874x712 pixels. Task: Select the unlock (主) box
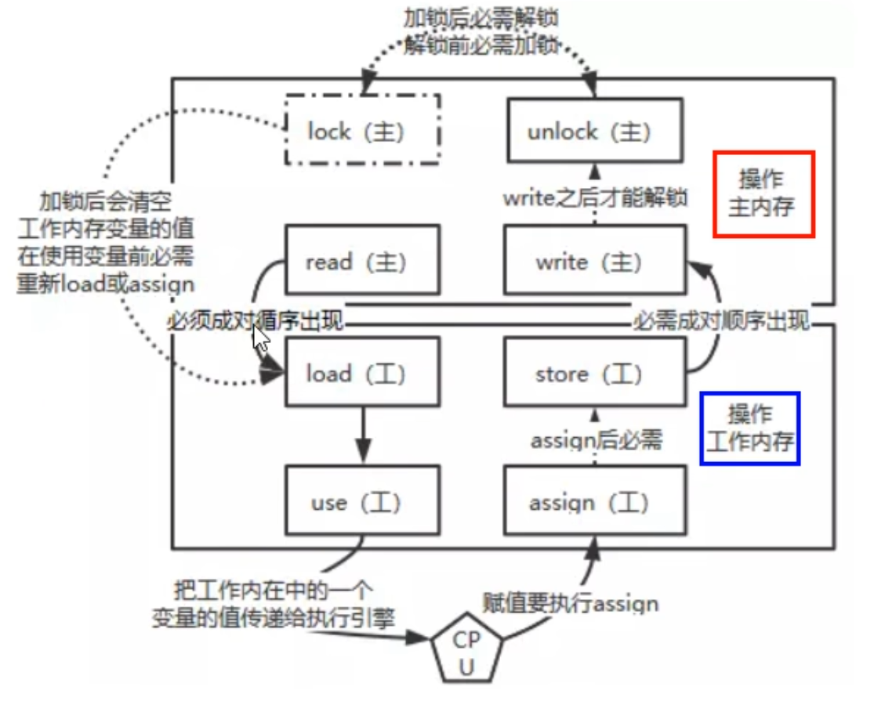click(593, 131)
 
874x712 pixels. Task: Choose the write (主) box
click(593, 261)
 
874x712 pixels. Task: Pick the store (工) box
click(593, 373)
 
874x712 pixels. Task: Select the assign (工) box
click(593, 501)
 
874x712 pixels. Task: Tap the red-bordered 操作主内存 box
click(763, 193)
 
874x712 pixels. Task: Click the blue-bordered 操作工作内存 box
click(750, 428)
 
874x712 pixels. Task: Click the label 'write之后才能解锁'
click(596, 197)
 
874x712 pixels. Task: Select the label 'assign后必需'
click(597, 440)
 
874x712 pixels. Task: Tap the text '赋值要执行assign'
click(569, 602)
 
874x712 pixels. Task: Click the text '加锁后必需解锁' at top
click(481, 17)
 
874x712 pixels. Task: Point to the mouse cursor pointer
click(261, 338)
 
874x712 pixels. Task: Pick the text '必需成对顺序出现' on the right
click(721, 321)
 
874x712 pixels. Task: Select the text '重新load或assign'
click(105, 282)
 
